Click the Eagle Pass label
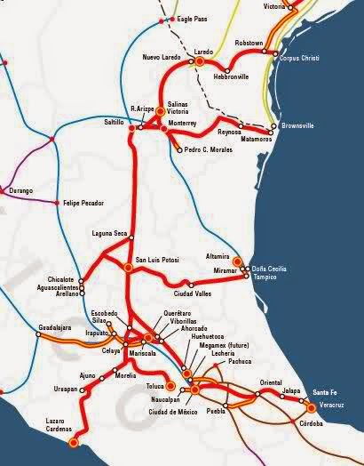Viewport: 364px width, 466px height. coord(194,18)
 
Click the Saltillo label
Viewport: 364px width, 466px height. coord(114,120)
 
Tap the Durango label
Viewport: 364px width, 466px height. coord(20,190)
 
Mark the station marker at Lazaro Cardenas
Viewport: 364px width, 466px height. coord(73,438)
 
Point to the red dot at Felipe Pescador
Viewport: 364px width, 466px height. coord(58,204)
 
